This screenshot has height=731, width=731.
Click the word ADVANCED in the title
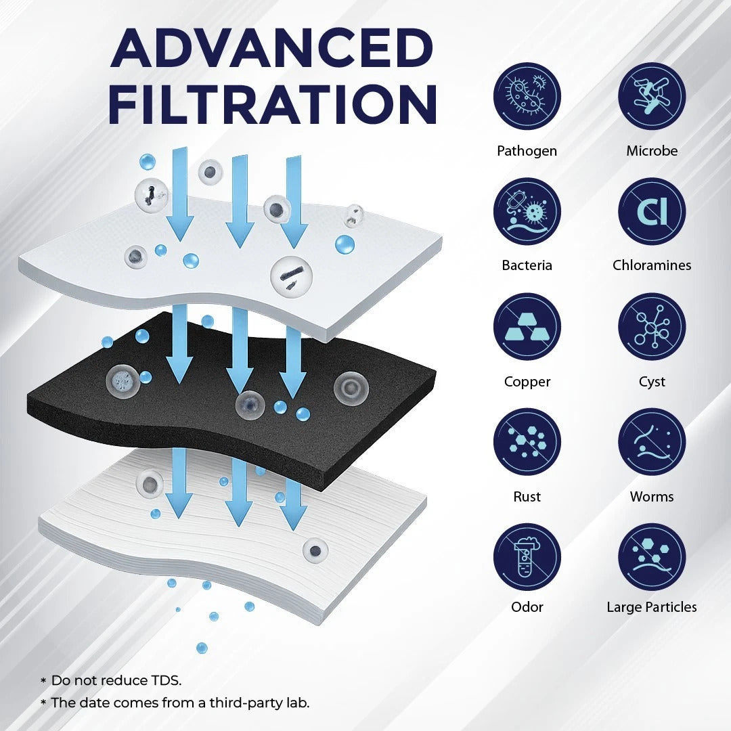(x=271, y=49)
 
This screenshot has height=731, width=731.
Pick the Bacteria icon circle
(x=527, y=211)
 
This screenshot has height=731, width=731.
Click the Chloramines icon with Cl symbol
(x=651, y=211)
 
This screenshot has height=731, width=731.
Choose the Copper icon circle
(x=527, y=327)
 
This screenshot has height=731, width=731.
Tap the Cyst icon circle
(x=651, y=327)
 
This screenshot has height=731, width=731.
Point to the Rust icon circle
(x=527, y=442)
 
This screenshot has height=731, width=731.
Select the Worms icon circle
(x=651, y=442)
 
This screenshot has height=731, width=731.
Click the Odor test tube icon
(x=527, y=557)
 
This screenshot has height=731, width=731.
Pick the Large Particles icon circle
(x=651, y=557)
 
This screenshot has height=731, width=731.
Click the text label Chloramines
(x=651, y=265)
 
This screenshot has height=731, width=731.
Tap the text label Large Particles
(x=651, y=607)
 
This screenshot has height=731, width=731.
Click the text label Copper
(x=527, y=382)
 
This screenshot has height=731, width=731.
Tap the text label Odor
(x=527, y=607)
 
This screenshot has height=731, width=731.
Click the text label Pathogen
(x=527, y=150)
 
